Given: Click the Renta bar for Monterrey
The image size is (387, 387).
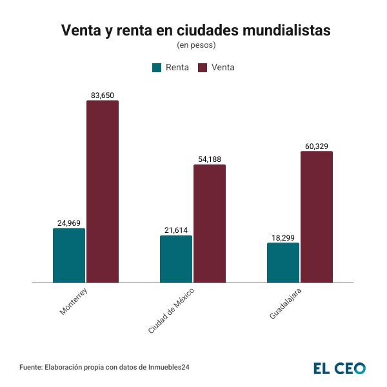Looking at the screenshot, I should (x=69, y=255).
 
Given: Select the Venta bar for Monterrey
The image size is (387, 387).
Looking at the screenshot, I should (x=103, y=192).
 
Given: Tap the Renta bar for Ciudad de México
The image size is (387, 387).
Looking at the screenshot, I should (x=176, y=259).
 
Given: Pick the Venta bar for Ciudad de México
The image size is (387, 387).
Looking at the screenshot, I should (x=210, y=223).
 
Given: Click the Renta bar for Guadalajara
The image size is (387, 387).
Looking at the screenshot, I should (x=283, y=263).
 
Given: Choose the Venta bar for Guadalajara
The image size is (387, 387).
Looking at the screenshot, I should (x=317, y=217).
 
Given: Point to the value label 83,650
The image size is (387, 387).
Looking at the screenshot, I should (x=103, y=95).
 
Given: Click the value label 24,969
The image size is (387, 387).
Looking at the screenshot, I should (x=69, y=223).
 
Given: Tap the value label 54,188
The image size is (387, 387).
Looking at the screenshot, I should (x=210, y=159).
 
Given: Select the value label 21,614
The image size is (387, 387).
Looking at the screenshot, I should (x=176, y=230).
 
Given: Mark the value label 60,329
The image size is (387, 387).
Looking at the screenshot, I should (x=317, y=146).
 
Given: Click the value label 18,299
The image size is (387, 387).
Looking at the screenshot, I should (x=283, y=237).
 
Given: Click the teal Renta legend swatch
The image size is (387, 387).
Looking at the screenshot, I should (x=157, y=68).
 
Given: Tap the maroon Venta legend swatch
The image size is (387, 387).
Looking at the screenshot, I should (x=203, y=68).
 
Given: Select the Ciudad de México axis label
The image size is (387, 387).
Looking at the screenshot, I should (x=171, y=311).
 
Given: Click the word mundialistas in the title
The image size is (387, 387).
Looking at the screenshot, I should (x=281, y=30).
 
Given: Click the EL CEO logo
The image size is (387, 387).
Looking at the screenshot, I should (x=339, y=368).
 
